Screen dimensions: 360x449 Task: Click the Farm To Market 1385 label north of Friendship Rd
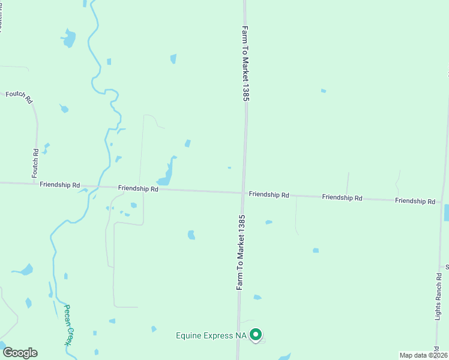pyautogui.click(x=246, y=63)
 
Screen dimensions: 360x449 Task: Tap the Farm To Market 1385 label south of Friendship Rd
pyautogui.click(x=240, y=253)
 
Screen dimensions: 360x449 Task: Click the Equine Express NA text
pyautogui.click(x=211, y=335)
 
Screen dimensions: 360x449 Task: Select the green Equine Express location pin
pyautogui.click(x=256, y=335)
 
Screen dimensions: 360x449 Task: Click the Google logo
pyautogui.click(x=20, y=352)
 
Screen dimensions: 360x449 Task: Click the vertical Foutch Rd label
pyautogui.click(x=35, y=163)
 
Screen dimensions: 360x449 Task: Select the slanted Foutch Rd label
pyautogui.click(x=19, y=97)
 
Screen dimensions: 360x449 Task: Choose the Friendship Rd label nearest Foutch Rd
pyautogui.click(x=59, y=185)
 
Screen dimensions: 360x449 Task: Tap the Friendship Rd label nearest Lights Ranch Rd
pyautogui.click(x=415, y=201)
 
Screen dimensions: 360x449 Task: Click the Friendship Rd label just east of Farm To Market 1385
pyautogui.click(x=269, y=195)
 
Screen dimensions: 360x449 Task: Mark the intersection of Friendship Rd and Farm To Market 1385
pyautogui.click(x=243, y=193)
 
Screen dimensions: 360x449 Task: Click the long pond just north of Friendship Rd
pyautogui.click(x=167, y=173)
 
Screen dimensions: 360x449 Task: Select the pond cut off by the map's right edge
pyautogui.click(x=446, y=212)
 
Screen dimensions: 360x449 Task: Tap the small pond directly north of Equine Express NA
pyautogui.click(x=257, y=297)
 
